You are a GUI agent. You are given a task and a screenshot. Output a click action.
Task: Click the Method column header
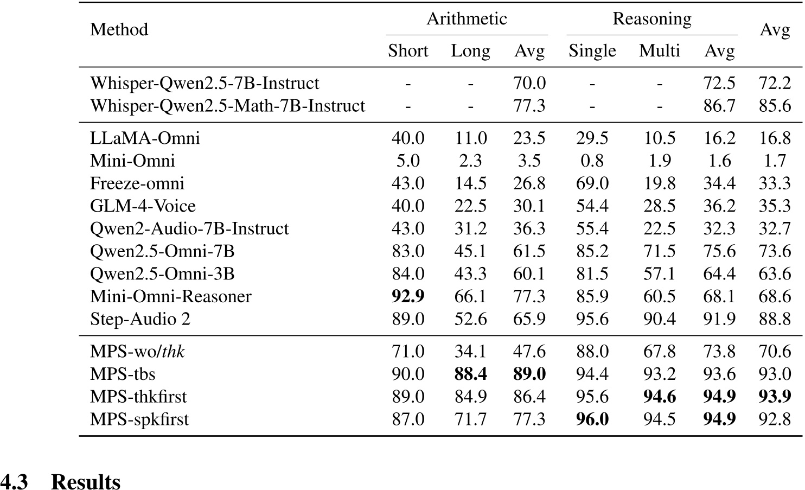click(119, 29)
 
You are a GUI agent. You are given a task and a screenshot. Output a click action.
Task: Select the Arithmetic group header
click(467, 19)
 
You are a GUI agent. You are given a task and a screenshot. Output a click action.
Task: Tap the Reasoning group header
click(651, 19)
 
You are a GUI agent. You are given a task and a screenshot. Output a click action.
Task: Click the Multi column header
click(659, 51)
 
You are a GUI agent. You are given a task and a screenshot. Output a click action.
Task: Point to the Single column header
click(592, 51)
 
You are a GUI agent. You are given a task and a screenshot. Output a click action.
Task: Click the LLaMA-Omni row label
click(145, 138)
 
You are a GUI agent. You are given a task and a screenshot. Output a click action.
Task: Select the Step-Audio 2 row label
click(140, 319)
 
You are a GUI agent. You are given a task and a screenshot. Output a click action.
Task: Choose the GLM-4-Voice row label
click(143, 206)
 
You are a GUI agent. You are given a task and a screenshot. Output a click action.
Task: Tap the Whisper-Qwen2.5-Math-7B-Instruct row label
click(227, 106)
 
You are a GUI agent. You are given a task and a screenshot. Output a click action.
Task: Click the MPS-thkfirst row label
click(138, 397)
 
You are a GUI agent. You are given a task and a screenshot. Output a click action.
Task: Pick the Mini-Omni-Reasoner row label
click(170, 296)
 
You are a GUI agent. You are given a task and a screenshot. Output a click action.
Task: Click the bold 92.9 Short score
click(408, 296)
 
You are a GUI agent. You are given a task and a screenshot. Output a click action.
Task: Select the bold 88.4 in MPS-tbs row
click(470, 374)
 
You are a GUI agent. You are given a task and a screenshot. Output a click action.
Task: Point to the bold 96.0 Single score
click(592, 419)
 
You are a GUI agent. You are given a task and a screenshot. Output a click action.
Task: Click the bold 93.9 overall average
click(774, 397)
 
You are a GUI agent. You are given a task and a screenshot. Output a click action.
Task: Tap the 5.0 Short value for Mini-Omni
click(408, 161)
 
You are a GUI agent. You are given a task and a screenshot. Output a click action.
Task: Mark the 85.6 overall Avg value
click(774, 106)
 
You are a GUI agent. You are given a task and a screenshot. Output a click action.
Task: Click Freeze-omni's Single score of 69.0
click(592, 183)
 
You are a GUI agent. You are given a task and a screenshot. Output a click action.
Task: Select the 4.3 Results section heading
click(60, 481)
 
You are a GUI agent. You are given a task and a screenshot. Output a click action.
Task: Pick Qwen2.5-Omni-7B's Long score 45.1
click(470, 251)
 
